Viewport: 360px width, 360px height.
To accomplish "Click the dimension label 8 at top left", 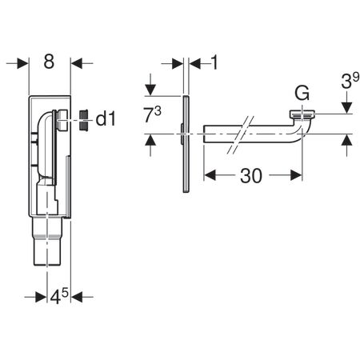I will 50,62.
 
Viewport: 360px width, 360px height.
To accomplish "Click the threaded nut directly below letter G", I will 302,114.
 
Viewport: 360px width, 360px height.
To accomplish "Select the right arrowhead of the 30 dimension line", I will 297,174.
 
